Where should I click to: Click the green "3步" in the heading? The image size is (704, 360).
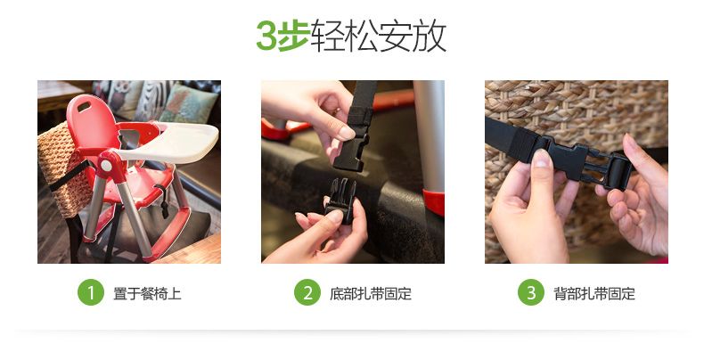pyautogui.click(x=282, y=36)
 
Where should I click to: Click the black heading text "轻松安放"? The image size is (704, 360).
pyautogui.click(x=378, y=36)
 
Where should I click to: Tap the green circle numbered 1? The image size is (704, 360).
pyautogui.click(x=91, y=292)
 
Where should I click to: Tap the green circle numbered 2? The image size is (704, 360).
pyautogui.click(x=307, y=292)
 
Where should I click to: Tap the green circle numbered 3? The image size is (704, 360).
pyautogui.click(x=531, y=292)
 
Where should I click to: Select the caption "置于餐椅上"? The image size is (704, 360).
pyautogui.click(x=147, y=293)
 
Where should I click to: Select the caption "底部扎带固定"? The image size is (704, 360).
pyautogui.click(x=371, y=293)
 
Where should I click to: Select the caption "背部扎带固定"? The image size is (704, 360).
pyautogui.click(x=594, y=293)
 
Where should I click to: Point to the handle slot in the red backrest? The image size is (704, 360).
pyautogui.click(x=84, y=107)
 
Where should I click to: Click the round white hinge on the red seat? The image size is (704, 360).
pyautogui.click(x=106, y=165)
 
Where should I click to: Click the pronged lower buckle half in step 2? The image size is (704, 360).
pyautogui.click(x=340, y=200)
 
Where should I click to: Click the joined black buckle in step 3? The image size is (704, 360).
pyautogui.click(x=584, y=162)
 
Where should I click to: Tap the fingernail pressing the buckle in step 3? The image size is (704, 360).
pyautogui.click(x=543, y=158)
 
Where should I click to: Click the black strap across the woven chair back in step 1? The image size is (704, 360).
pyautogui.click(x=70, y=176)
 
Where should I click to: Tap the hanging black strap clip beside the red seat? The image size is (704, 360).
pyautogui.click(x=162, y=201)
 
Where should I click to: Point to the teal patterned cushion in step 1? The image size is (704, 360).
pyautogui.click(x=188, y=103)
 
